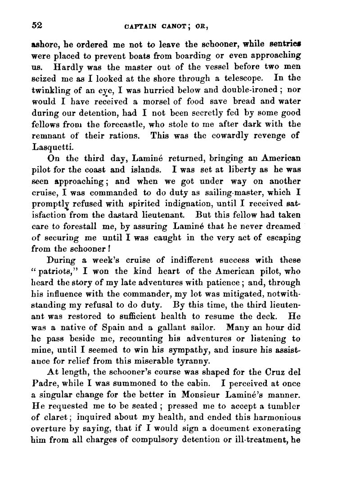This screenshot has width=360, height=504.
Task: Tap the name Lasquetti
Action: coord(51,147)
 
